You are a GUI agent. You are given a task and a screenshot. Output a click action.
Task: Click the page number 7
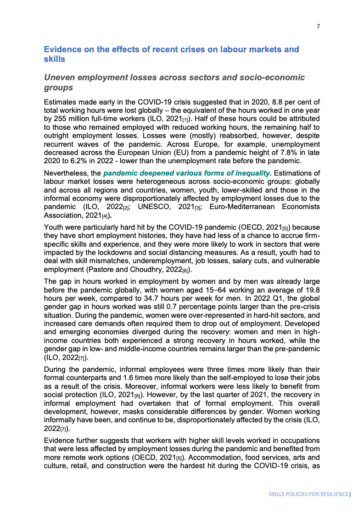tap(318, 26)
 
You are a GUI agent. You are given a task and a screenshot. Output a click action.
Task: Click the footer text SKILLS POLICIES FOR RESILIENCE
tap(308, 494)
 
